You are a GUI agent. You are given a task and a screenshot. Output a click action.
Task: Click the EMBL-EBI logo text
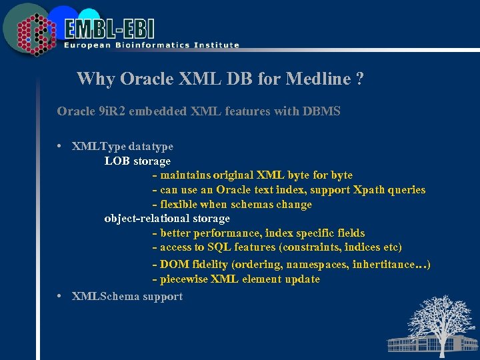point(110,27)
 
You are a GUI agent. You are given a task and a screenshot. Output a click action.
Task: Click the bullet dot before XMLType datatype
point(60,146)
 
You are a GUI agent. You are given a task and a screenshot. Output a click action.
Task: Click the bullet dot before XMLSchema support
point(60,296)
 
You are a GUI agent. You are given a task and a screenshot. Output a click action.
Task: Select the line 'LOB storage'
point(137,161)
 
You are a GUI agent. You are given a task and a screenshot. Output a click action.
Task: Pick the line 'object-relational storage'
point(167,218)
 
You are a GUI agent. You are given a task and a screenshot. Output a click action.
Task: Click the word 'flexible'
point(181,205)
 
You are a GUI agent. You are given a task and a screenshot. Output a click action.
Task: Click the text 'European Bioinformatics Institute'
point(151,45)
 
